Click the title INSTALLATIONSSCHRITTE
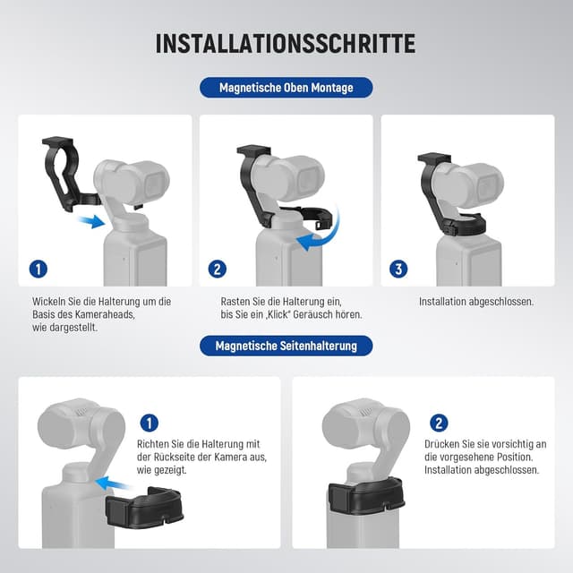[x=286, y=43]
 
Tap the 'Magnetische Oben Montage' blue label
[x=286, y=88]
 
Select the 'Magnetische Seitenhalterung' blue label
[x=286, y=346]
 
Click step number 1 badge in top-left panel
[x=38, y=269]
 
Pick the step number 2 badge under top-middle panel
[x=218, y=269]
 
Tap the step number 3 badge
[x=399, y=269]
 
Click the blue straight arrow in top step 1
[x=90, y=220]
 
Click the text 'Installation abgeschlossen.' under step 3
[x=475, y=302]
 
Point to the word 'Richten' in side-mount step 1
[x=154, y=444]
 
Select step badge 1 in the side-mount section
[x=150, y=423]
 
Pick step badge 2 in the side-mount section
[x=439, y=423]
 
